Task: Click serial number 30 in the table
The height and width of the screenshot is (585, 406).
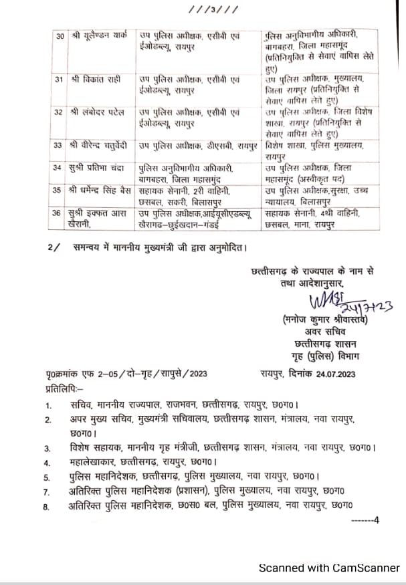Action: pyautogui.click(x=59, y=35)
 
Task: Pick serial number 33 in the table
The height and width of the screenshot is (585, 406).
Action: pyautogui.click(x=59, y=144)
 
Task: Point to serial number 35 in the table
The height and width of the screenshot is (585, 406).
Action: pyautogui.click(x=59, y=190)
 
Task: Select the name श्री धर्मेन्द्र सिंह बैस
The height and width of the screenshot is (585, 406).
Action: pyautogui.click(x=101, y=190)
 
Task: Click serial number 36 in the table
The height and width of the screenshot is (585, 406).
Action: pyautogui.click(x=59, y=213)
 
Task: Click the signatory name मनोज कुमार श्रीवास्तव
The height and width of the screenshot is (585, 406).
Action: pyautogui.click(x=326, y=320)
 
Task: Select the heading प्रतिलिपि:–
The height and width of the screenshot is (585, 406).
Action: pyautogui.click(x=64, y=388)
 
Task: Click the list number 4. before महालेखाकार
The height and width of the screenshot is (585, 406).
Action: pyautogui.click(x=47, y=462)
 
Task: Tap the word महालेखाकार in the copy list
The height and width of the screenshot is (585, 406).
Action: pyautogui.click(x=93, y=462)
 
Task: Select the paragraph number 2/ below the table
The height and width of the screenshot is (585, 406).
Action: pyautogui.click(x=53, y=247)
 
